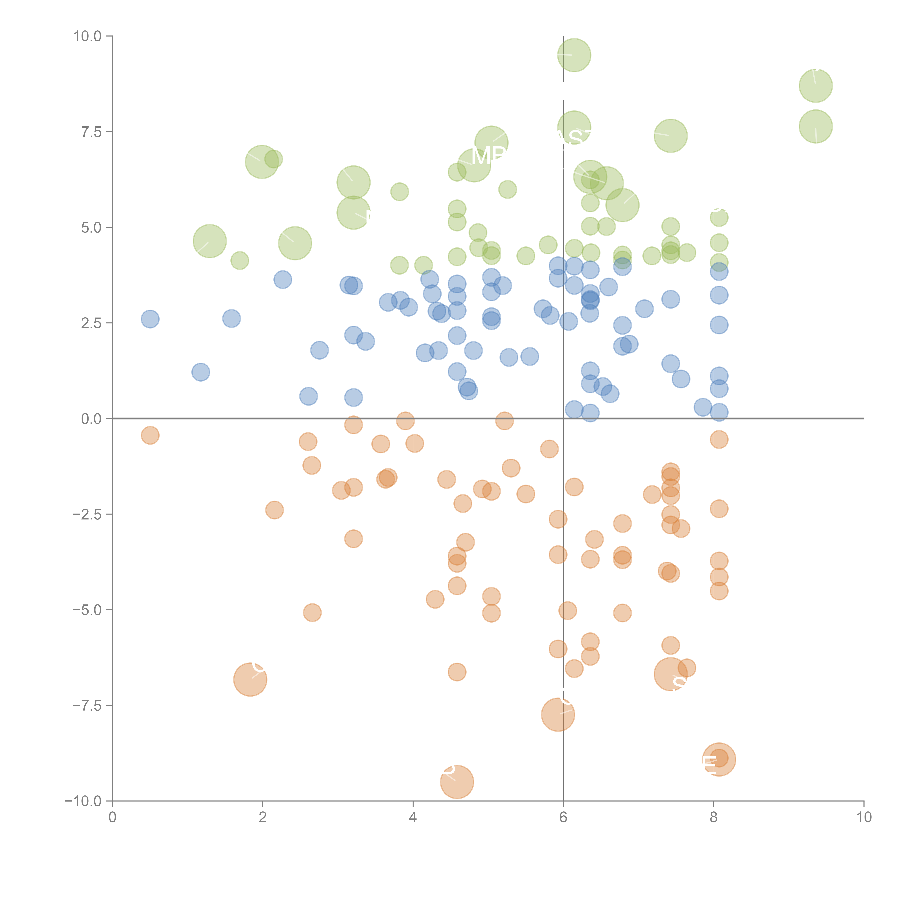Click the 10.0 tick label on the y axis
(x=88, y=36)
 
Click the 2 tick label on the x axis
(x=263, y=818)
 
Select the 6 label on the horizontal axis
(x=563, y=818)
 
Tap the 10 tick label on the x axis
(x=864, y=818)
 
